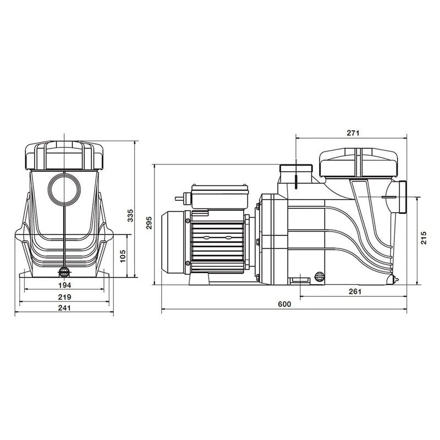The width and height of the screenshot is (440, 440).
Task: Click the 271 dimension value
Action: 353,133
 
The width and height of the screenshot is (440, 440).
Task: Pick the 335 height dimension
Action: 130,216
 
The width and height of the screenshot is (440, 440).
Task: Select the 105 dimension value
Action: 123,255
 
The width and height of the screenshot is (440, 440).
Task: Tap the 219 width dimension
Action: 65,297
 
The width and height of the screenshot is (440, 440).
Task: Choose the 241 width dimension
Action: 65,308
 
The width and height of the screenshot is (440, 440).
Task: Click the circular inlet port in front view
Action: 64,189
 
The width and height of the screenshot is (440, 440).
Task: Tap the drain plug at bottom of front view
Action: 64,272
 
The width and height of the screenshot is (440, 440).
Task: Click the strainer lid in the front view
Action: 64,155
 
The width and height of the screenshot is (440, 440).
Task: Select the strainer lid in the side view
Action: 358,163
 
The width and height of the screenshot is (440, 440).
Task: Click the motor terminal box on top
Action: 219,197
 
